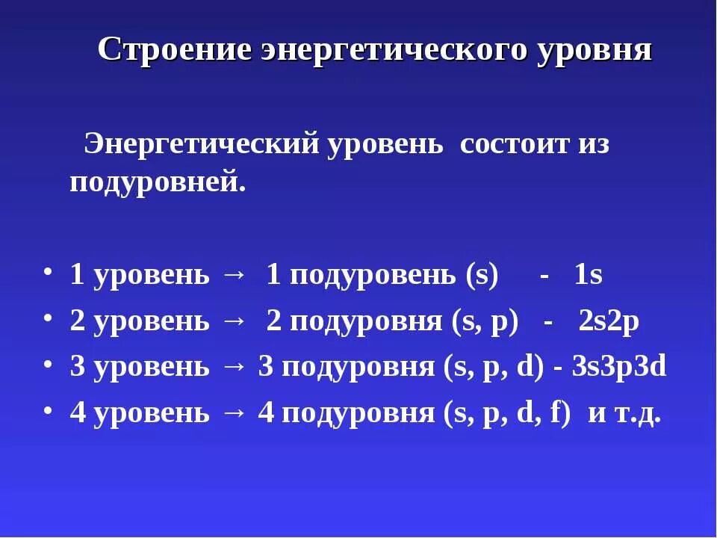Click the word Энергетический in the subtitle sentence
click(x=201, y=143)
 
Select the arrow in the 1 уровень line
click(x=234, y=276)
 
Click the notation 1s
click(x=589, y=276)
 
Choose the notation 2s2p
click(x=609, y=322)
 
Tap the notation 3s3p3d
click(x=618, y=368)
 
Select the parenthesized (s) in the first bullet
click(x=481, y=276)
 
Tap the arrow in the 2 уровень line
click(x=234, y=322)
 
